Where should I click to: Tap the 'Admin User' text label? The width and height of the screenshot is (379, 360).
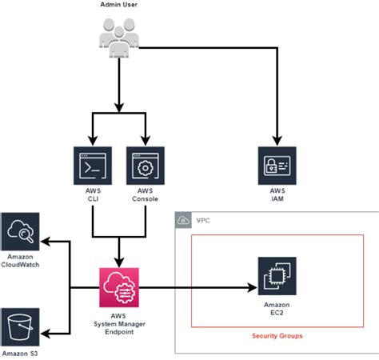point(118,6)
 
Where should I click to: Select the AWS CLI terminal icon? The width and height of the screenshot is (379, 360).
point(92,166)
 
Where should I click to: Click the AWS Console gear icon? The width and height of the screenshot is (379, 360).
point(145,166)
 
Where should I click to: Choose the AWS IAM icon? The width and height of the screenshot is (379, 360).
point(277,166)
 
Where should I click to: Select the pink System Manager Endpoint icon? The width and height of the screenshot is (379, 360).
point(118,287)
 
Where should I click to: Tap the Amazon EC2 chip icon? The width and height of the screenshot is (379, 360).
point(277,276)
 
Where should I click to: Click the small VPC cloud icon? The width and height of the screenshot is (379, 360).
point(184,220)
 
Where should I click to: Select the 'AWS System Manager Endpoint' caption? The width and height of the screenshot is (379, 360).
point(119,323)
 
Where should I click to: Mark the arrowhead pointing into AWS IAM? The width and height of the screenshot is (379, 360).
point(277,141)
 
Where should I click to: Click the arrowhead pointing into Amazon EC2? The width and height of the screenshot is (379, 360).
point(252,286)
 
